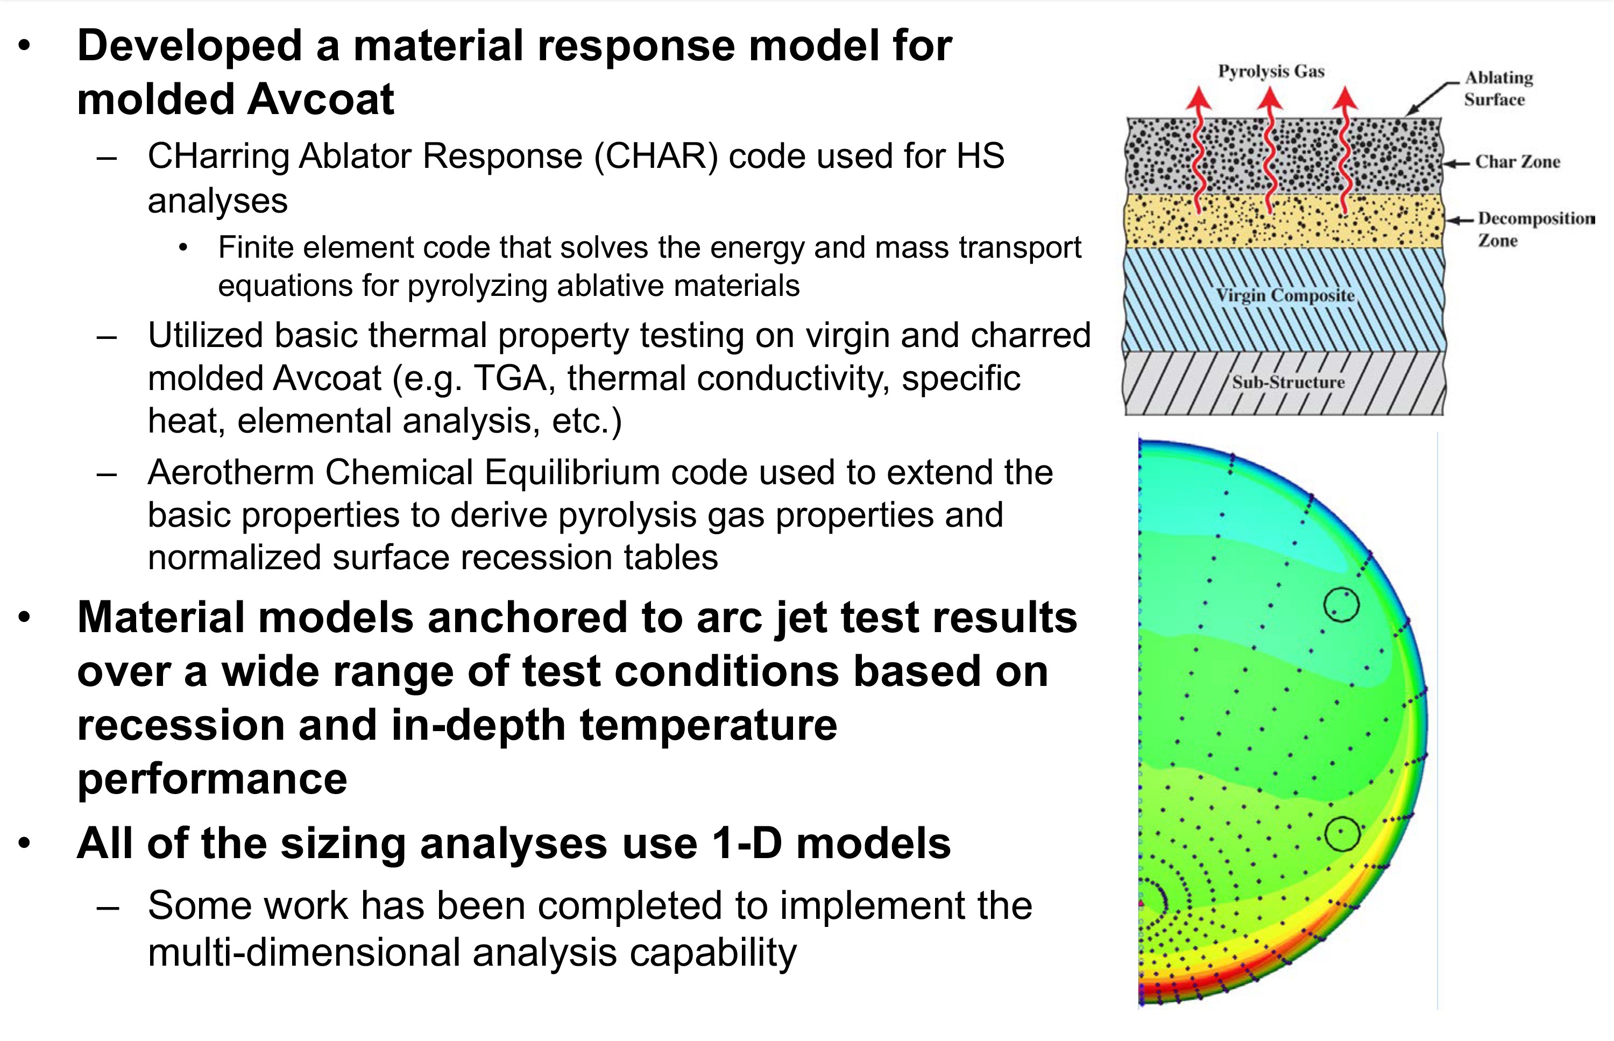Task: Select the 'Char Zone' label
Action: click(1517, 161)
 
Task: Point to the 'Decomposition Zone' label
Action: click(1535, 229)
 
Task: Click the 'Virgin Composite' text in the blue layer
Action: click(1285, 296)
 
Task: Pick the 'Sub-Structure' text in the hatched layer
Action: click(1288, 382)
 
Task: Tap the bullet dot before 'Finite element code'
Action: click(182, 248)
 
